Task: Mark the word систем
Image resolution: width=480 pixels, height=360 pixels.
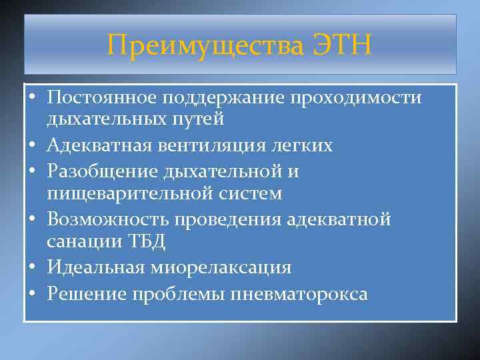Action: tap(247, 193)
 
